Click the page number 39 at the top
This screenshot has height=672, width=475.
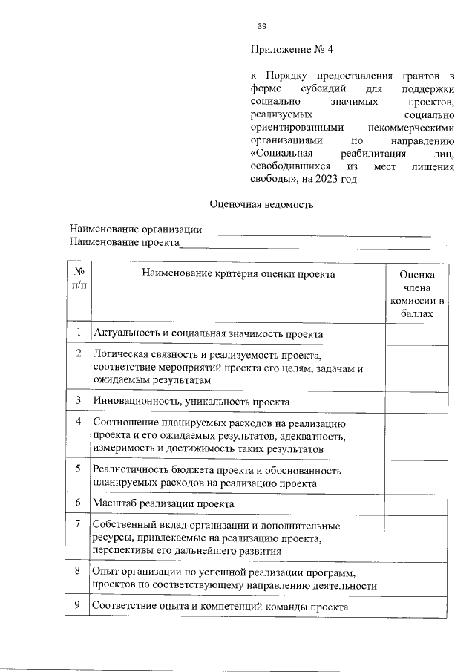point(261,26)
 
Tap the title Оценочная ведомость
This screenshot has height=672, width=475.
point(262,203)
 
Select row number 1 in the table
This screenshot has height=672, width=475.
point(78,333)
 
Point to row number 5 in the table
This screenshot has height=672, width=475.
point(78,469)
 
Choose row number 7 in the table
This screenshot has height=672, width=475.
point(78,524)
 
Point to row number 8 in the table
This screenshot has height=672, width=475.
point(78,571)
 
